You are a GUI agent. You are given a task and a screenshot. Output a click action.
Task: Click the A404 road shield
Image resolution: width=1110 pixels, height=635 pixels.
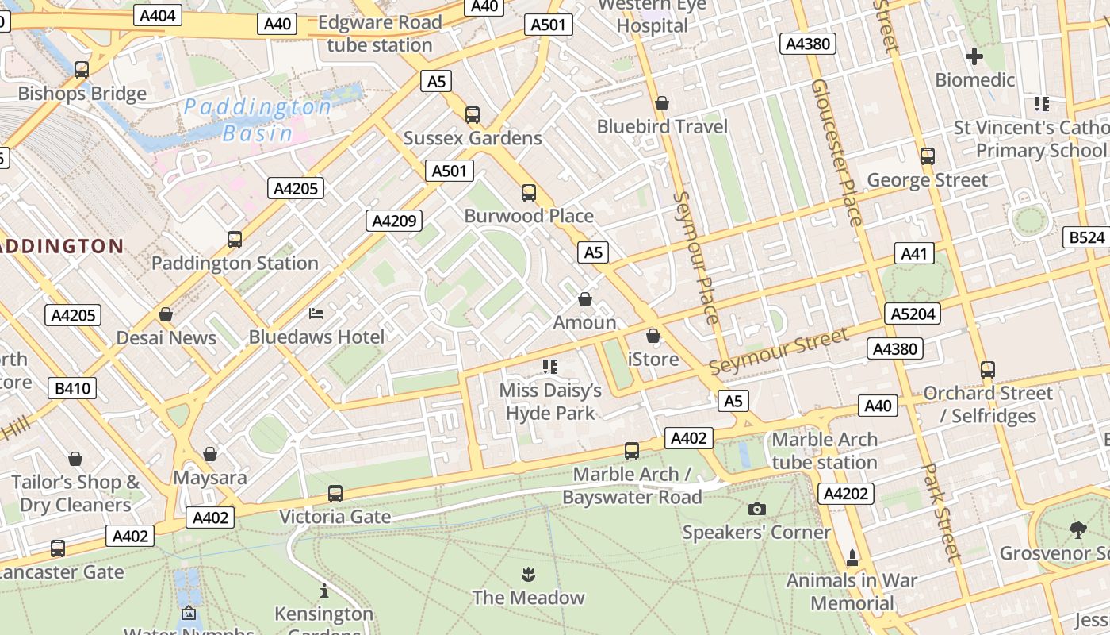tap(159, 15)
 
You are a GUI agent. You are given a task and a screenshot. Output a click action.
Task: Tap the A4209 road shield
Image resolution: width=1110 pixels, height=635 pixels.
tap(394, 221)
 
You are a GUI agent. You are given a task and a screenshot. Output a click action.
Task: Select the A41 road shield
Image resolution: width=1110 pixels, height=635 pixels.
tap(914, 254)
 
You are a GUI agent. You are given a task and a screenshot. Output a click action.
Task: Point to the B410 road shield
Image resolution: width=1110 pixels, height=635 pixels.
tap(74, 388)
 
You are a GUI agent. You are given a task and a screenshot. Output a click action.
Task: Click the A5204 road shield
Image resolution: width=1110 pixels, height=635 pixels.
tap(913, 314)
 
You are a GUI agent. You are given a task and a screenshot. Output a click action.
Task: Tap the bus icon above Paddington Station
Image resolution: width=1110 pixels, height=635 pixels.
tap(235, 239)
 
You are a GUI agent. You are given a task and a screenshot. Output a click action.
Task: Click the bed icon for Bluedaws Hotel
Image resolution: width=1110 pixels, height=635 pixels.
tap(316, 314)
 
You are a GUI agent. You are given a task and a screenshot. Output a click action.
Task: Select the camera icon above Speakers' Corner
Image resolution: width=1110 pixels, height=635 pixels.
tap(757, 509)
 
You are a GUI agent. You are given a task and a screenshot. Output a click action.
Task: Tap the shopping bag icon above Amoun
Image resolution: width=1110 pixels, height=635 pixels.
tap(585, 299)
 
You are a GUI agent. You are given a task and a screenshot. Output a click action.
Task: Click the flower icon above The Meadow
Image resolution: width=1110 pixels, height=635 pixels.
tap(528, 574)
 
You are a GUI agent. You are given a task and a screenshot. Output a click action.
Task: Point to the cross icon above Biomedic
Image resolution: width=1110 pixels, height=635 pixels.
tap(974, 56)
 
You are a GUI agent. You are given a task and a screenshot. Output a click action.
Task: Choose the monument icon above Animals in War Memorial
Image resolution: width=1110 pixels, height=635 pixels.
tap(852, 558)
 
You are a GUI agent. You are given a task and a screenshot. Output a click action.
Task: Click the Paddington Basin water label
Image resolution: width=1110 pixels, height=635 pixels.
tap(258, 119)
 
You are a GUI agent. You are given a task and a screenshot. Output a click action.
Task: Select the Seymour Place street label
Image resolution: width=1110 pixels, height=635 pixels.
tap(695, 258)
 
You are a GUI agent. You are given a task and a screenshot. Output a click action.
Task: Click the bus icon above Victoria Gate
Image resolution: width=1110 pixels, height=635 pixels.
tap(335, 494)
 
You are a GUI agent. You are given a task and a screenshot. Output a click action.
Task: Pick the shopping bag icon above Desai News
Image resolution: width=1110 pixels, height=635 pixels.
tap(166, 315)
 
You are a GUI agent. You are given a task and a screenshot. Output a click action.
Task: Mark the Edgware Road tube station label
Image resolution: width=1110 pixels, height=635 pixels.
tap(380, 33)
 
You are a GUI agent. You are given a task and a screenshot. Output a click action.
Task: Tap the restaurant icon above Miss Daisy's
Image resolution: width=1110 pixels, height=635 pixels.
tap(550, 367)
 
